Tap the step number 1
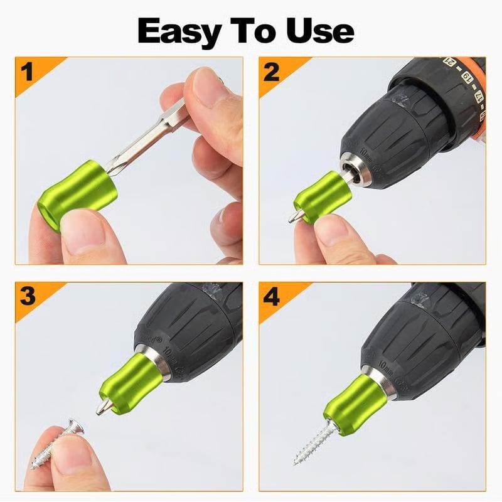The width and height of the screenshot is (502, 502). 27,72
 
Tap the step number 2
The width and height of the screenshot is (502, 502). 271,72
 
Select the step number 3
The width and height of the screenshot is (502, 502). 27,296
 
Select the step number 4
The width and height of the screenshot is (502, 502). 271,296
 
